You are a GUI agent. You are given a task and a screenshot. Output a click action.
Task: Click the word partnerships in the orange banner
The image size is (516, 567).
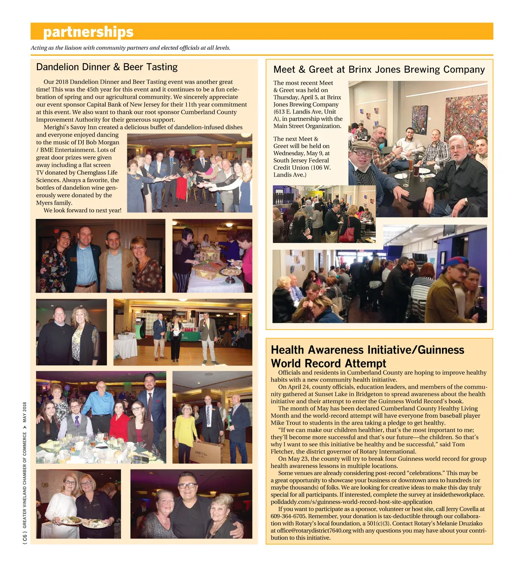[x=88, y=32]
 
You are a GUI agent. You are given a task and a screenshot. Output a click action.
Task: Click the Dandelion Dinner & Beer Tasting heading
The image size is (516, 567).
[x=107, y=67]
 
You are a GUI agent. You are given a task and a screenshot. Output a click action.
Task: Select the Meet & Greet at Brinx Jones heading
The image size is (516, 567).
[x=379, y=70]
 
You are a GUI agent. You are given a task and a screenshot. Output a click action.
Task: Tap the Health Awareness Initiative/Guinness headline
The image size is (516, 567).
[x=367, y=356]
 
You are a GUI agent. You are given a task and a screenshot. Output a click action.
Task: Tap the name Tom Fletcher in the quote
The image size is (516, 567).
[x=458, y=444]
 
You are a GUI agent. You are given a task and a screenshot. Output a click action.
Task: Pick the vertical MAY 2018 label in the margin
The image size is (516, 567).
[x=25, y=412]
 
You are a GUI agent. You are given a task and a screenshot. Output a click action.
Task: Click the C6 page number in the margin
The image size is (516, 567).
[x=25, y=537]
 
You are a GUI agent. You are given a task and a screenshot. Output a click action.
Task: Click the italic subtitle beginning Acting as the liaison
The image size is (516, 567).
[x=130, y=48]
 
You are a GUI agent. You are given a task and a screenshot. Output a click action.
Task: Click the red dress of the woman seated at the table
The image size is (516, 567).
[x=118, y=424]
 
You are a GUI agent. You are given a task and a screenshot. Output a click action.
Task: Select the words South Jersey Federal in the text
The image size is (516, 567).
[x=301, y=160]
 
